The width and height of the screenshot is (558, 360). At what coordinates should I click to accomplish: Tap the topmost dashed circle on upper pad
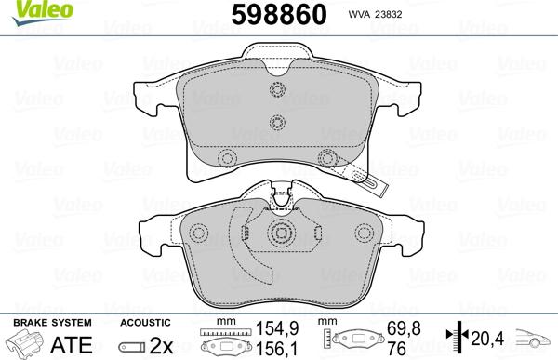(276, 91)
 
